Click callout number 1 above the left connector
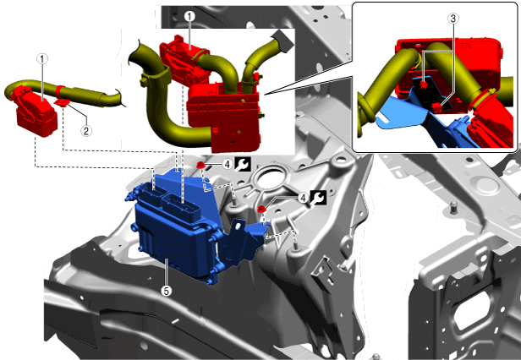(42, 59)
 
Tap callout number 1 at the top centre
(189, 16)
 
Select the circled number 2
(86, 131)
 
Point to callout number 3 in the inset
(453, 19)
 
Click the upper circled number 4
(228, 164)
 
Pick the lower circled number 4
(303, 199)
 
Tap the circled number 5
(166, 291)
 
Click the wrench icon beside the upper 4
(243, 165)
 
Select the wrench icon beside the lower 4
(318, 198)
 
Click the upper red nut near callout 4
(200, 165)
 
